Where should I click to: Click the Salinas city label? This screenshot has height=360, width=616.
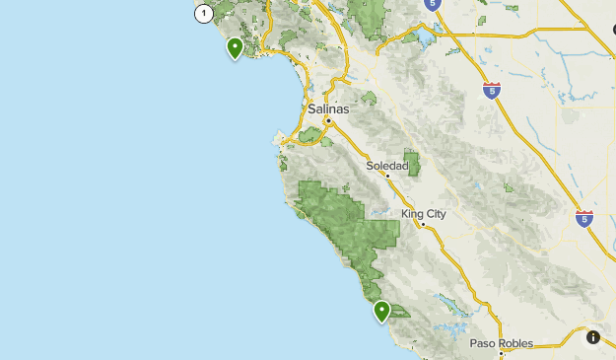tap(328, 108)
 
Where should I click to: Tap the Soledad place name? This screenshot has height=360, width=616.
tap(386, 166)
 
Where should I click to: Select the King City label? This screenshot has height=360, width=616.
tap(424, 214)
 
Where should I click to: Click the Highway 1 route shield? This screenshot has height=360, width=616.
tap(203, 13)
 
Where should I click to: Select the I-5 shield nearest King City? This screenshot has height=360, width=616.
tap(584, 218)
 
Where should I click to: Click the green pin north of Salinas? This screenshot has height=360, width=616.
tap(235, 46)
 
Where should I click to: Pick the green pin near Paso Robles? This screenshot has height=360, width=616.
tap(381, 311)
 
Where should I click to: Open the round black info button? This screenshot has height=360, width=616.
tap(593, 337)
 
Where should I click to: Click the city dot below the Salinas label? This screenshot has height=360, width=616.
tap(328, 120)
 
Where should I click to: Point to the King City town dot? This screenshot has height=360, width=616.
tap(423, 225)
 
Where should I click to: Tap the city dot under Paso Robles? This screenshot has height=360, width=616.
tap(501, 353)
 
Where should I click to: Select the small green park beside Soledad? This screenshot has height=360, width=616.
tap(412, 164)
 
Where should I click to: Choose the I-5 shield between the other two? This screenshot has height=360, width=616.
tap(492, 91)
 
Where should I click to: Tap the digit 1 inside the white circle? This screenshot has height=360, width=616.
tap(203, 13)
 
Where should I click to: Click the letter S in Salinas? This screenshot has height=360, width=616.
tap(311, 108)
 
